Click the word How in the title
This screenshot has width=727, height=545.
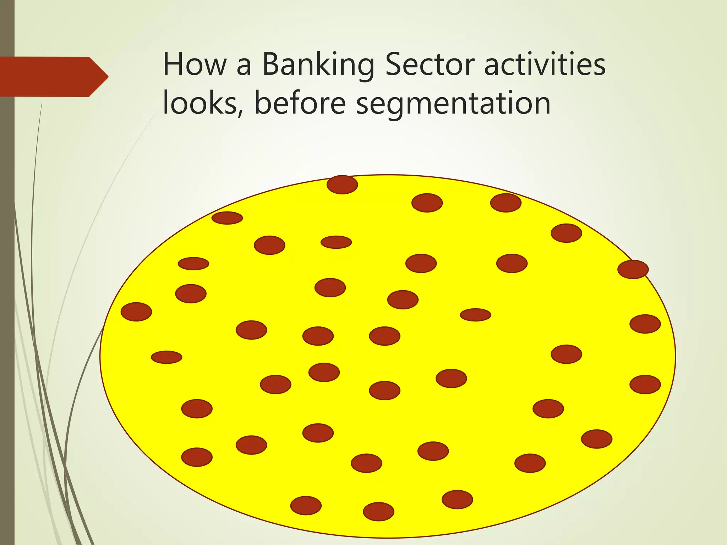(195, 65)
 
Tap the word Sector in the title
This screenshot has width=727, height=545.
(430, 65)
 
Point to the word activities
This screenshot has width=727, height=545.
(545, 65)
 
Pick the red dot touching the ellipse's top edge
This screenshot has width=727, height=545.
(342, 185)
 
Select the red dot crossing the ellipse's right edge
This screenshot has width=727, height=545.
(633, 269)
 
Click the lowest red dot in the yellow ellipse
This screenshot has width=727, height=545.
(378, 511)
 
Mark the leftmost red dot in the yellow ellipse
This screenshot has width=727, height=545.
(136, 312)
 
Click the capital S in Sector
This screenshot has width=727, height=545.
(395, 65)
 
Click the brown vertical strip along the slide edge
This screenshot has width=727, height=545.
(7, 284)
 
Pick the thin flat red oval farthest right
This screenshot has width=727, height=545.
(475, 315)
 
